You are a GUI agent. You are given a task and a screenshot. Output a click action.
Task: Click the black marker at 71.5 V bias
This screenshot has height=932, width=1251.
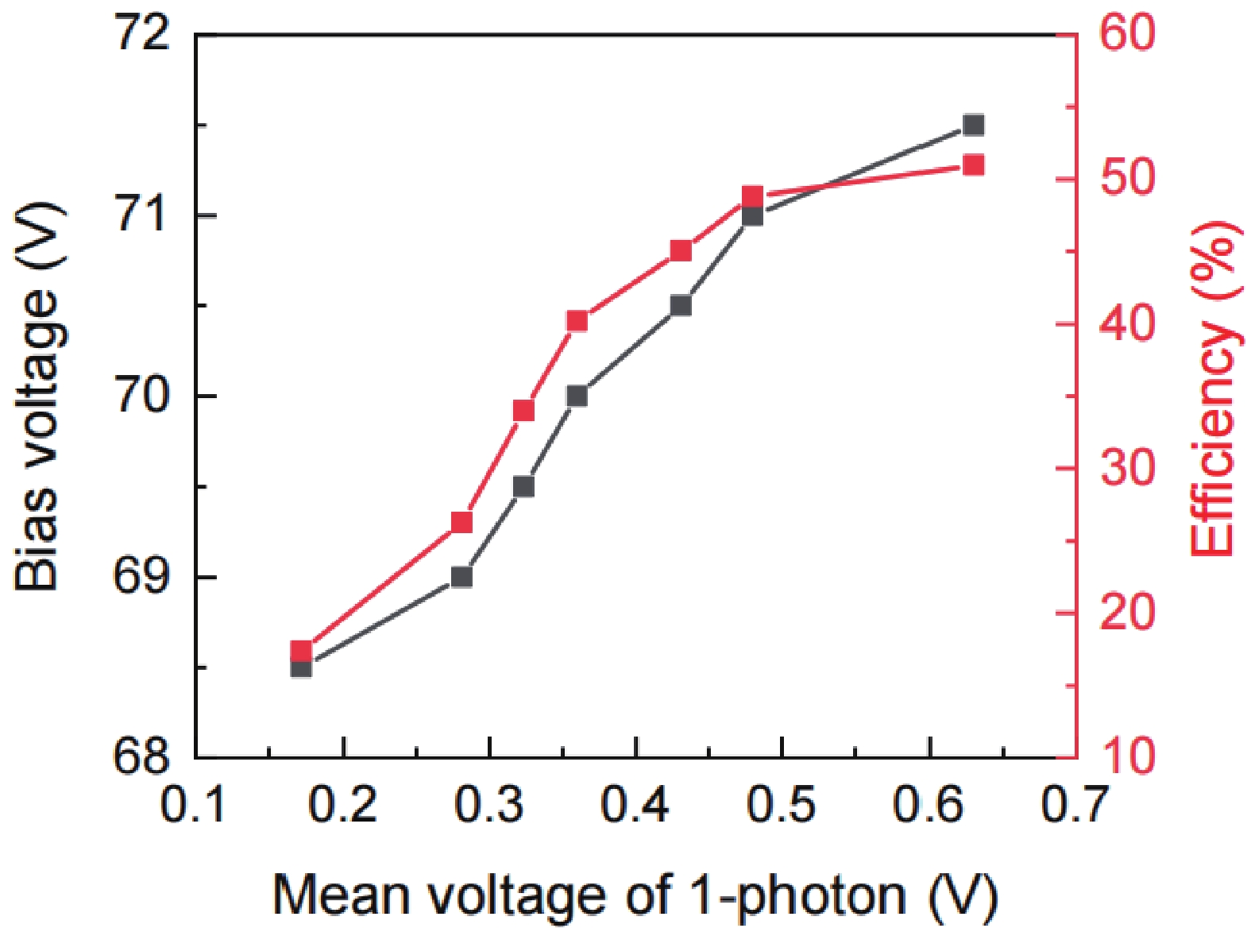click(x=973, y=125)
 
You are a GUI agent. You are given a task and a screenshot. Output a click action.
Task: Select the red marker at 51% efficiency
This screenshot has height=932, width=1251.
click(x=973, y=165)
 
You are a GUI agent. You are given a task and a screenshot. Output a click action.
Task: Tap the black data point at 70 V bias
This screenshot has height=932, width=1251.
click(x=577, y=396)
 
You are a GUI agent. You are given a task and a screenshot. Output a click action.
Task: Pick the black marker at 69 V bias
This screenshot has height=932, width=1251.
click(x=461, y=576)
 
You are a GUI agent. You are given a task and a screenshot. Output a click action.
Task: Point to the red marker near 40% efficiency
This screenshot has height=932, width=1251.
click(x=577, y=321)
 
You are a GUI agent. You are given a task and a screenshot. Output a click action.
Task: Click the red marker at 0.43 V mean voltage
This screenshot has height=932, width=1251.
click(x=681, y=251)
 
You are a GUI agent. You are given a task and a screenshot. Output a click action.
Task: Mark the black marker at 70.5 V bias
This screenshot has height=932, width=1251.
click(x=681, y=305)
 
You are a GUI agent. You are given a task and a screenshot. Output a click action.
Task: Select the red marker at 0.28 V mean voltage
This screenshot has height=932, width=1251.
click(x=461, y=522)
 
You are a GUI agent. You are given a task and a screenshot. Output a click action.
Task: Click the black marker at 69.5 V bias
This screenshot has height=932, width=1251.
click(x=523, y=486)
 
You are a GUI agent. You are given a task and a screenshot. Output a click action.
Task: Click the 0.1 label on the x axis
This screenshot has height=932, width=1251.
click(x=194, y=805)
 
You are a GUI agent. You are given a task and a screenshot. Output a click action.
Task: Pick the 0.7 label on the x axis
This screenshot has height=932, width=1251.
click(x=1074, y=805)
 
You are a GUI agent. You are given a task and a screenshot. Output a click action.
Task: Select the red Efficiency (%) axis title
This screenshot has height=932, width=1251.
click(x=1214, y=389)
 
